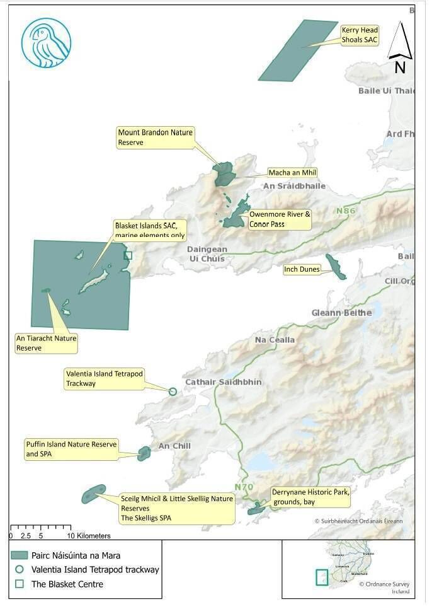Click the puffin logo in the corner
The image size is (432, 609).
(45, 42)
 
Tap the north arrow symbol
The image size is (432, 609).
(399, 47)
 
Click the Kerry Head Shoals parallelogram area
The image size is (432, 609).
(297, 50)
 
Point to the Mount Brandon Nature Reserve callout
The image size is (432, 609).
(155, 137)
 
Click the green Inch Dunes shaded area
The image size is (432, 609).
(335, 267)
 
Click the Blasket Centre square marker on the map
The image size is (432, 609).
(128, 255)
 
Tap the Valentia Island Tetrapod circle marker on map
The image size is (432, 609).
(173, 391)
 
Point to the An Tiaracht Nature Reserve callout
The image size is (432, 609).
(46, 343)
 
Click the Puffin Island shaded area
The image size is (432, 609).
(144, 453)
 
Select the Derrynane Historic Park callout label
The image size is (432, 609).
(310, 497)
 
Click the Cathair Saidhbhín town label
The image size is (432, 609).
(218, 383)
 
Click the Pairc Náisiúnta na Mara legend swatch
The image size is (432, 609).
(21, 555)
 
